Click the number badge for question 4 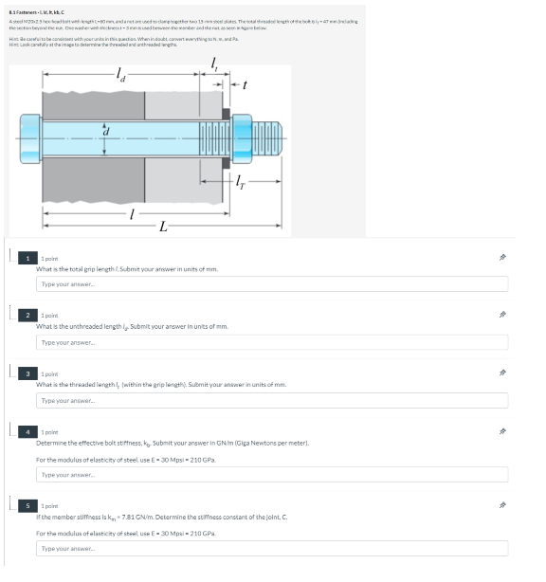tap(27, 431)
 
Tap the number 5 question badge tap(27, 505)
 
